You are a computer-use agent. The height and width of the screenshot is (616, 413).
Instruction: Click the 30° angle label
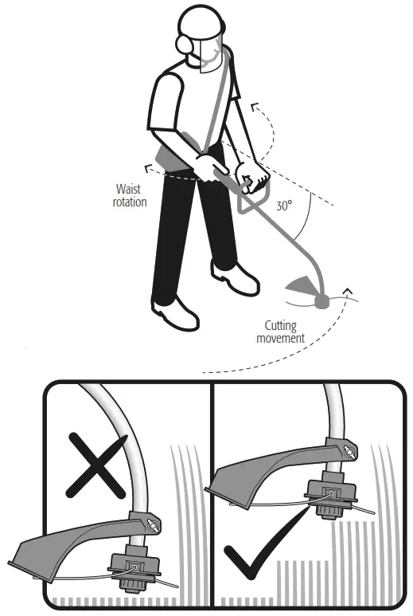pyautogui.click(x=284, y=205)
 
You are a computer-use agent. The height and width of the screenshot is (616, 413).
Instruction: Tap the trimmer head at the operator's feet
pyautogui.click(x=323, y=301)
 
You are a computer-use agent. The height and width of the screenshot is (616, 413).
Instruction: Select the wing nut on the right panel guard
pyautogui.click(x=347, y=452)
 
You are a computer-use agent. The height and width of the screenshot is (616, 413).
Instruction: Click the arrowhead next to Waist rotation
pyautogui.click(x=147, y=168)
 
